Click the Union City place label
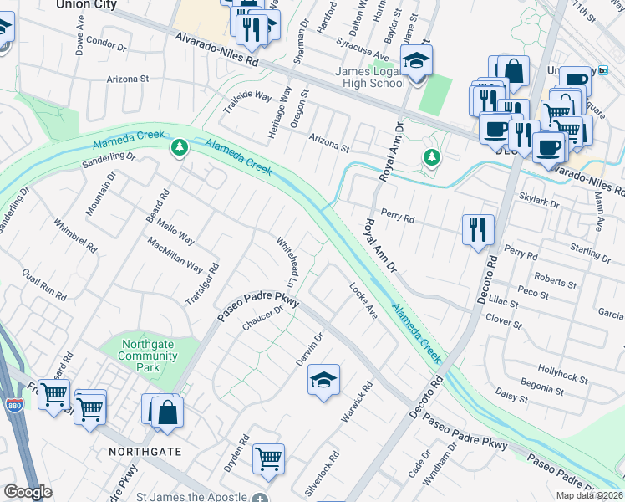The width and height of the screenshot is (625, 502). tap(86, 5)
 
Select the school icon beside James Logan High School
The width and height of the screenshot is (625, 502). tap(415, 61)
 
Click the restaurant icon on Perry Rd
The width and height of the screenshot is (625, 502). tap(477, 228)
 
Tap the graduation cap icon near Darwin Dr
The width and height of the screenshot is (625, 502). tap(323, 381)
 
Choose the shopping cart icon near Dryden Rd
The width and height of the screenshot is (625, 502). tap(268, 458)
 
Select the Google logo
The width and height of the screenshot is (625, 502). tap(28, 492)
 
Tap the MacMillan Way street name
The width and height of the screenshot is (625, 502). tap(175, 256)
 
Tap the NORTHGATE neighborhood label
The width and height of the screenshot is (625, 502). tap(145, 451)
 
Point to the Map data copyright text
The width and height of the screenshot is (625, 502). tap(589, 495)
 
